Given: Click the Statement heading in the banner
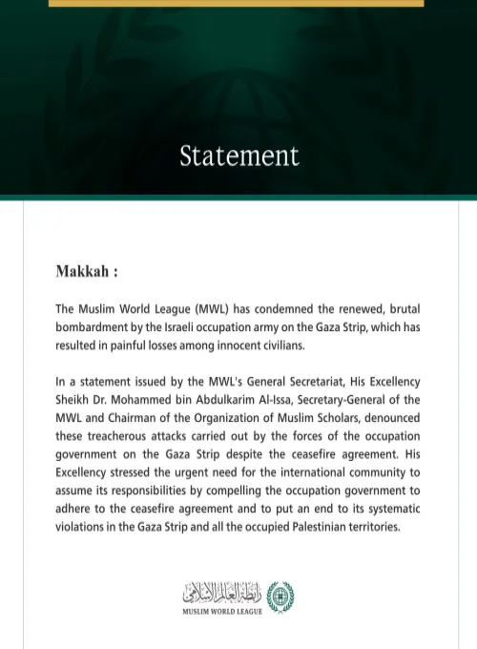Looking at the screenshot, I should coord(238,156).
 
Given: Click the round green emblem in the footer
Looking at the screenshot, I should coord(280,596).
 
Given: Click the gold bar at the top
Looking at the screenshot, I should coord(237,3).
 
